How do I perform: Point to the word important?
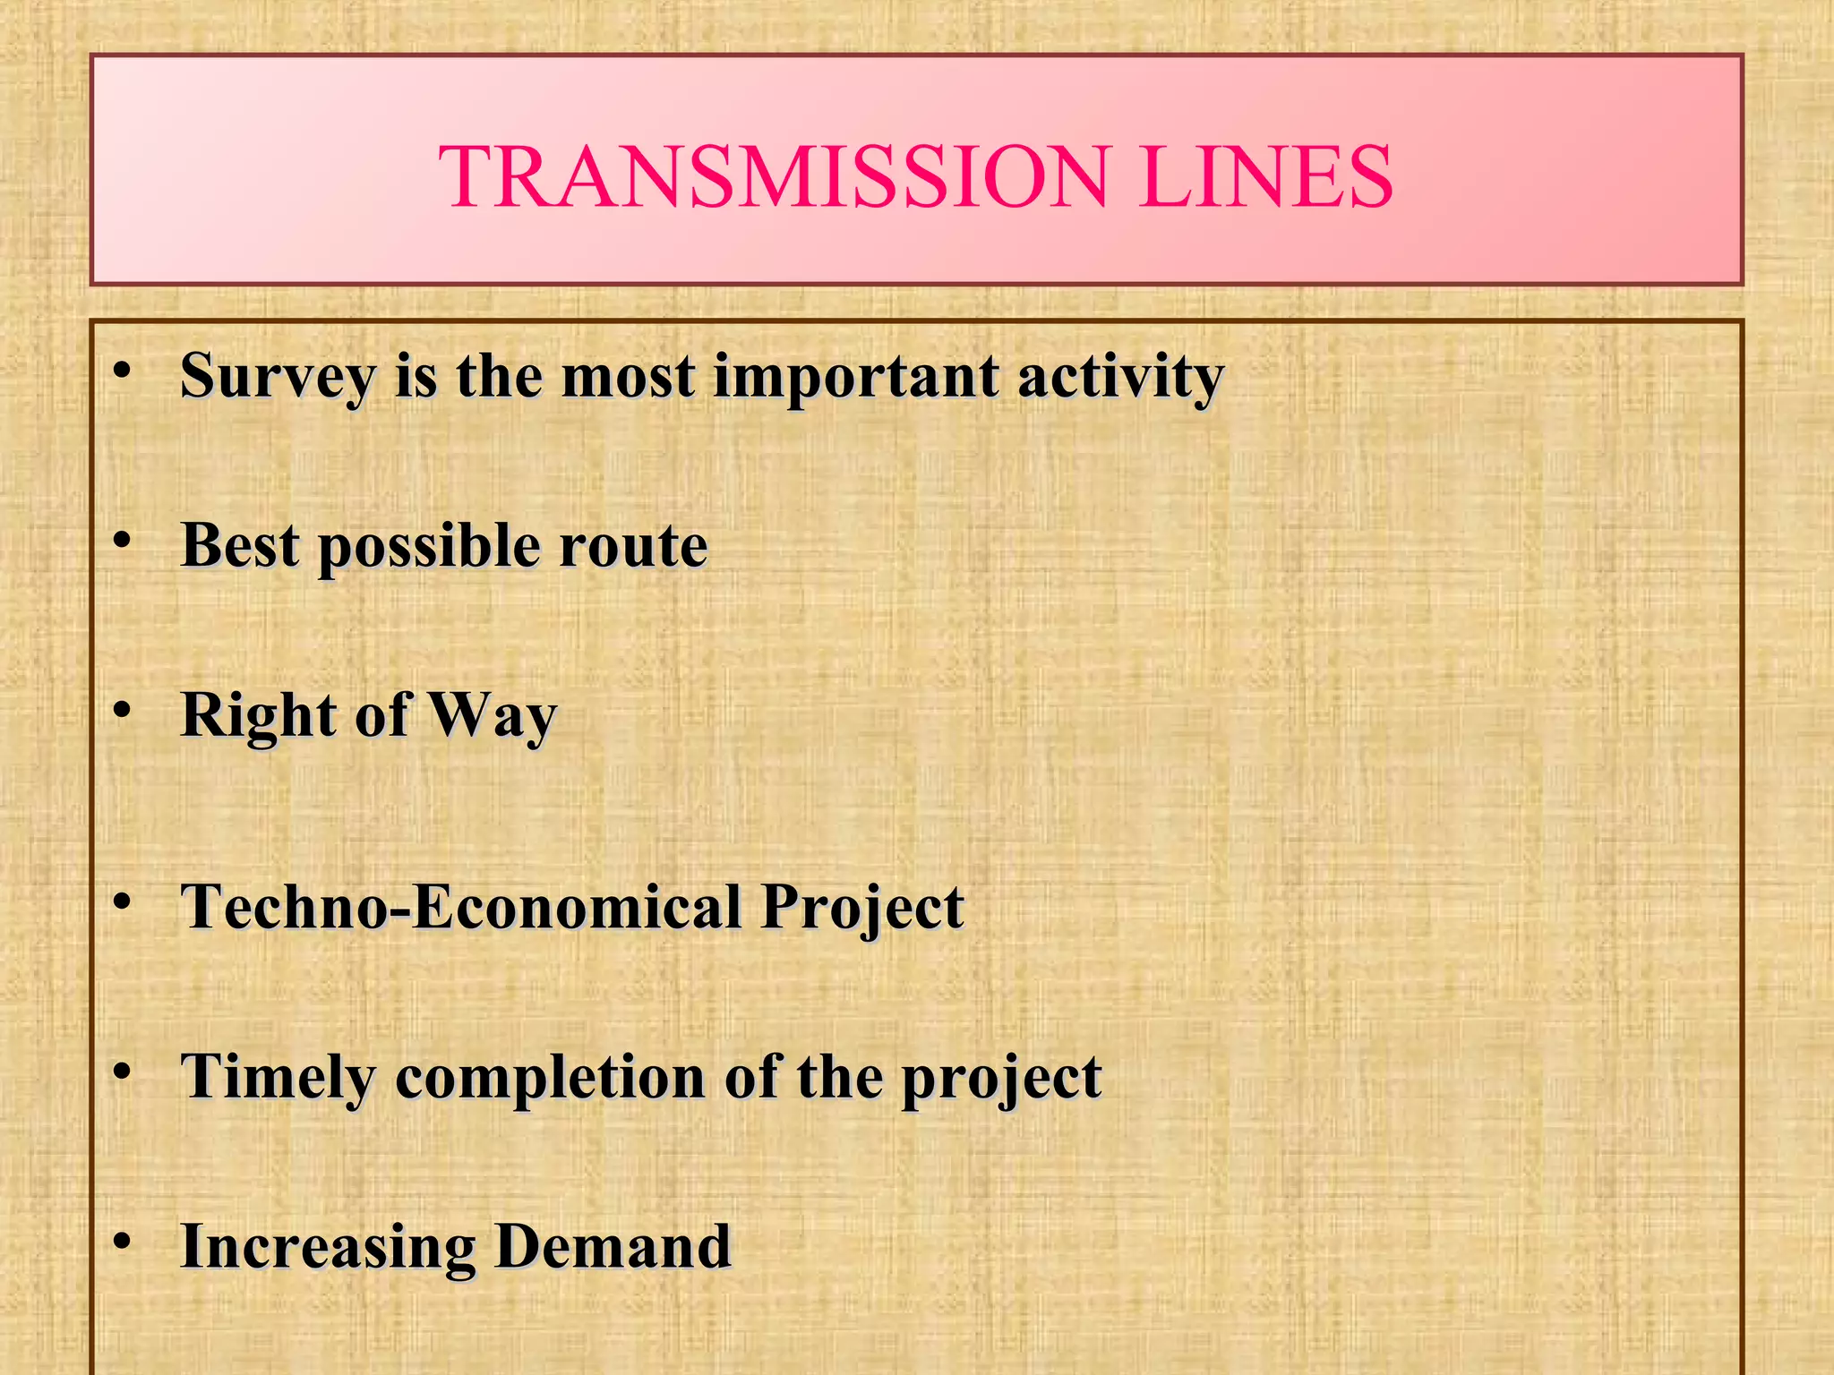[x=855, y=377]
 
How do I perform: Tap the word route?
[x=633, y=546]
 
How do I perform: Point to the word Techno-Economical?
[x=461, y=906]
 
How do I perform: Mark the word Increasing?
[x=327, y=1247]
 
